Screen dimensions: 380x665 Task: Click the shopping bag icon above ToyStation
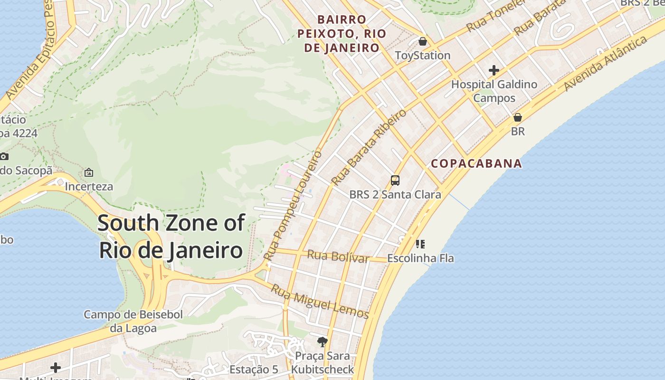[422, 41]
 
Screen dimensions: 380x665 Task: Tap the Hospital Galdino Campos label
[494, 91]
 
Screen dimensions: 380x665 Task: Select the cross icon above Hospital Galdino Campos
[494, 71]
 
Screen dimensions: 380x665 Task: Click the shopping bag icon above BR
[518, 117]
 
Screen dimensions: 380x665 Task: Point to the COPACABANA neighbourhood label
[476, 164]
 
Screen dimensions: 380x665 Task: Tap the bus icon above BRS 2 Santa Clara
[395, 180]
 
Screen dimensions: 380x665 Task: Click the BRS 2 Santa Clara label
[395, 194]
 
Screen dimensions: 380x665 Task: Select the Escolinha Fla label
[420, 258]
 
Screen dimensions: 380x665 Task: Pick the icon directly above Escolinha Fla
[420, 244]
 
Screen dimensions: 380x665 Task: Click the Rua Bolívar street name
[338, 256]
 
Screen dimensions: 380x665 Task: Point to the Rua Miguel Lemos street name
[320, 301]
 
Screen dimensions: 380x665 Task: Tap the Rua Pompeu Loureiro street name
[293, 205]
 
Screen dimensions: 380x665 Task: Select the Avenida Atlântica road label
[606, 63]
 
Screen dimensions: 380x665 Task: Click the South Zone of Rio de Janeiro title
[171, 237]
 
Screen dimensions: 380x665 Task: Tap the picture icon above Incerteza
[89, 172]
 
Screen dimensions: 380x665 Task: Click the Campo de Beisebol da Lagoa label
[133, 321]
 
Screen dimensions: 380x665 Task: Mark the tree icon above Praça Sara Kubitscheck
[323, 342]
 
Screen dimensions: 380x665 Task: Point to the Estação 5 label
[254, 369]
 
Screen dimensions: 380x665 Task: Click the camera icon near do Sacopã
[4, 156]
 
